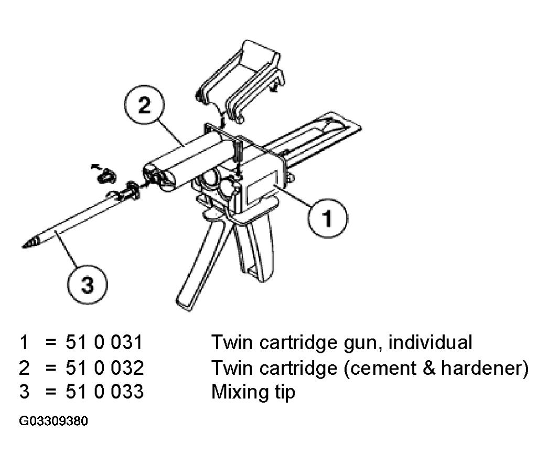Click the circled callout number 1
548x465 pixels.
point(327,219)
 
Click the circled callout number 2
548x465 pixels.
point(144,104)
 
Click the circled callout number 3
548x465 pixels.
point(88,284)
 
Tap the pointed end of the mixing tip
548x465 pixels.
point(23,247)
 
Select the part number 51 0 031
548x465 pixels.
point(104,342)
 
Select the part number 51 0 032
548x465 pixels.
point(104,368)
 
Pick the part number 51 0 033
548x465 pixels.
point(104,392)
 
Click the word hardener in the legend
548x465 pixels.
point(480,368)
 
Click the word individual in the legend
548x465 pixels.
point(430,342)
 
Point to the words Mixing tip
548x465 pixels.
point(253,392)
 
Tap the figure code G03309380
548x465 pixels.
point(53,421)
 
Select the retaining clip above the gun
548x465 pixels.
point(241,80)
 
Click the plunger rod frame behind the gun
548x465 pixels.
point(315,140)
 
